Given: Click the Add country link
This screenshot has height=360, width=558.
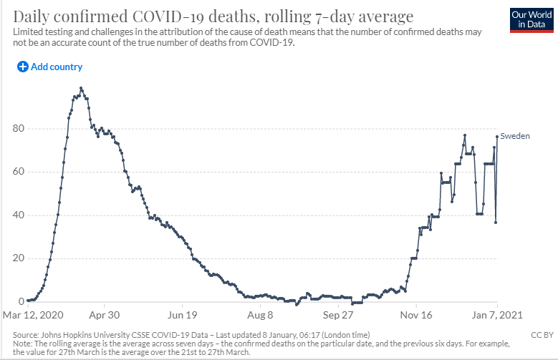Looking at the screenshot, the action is click(50, 67).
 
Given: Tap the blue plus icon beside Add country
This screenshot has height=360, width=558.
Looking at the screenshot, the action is click(23, 67).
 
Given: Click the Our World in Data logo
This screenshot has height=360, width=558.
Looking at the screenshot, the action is click(531, 20).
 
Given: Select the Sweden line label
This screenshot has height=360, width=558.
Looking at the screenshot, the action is click(515, 136).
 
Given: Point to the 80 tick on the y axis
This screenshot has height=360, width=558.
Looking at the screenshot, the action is click(19, 128).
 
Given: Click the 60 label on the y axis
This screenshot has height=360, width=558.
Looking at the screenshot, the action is click(19, 172).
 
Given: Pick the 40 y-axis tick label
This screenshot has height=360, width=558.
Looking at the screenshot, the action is click(19, 215).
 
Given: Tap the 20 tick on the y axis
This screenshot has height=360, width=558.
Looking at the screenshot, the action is click(19, 258).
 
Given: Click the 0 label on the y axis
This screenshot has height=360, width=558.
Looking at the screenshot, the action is click(21, 301).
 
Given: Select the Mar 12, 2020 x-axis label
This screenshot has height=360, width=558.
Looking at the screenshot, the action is click(33, 315).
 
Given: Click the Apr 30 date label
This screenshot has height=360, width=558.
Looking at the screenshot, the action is click(105, 315).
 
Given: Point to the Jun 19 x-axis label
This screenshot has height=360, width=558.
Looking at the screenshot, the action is click(182, 315).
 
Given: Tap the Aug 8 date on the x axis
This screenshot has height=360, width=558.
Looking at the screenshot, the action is click(260, 315).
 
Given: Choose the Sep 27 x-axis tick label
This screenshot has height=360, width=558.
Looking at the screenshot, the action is click(338, 315).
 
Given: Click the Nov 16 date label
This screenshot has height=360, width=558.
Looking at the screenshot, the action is click(416, 315).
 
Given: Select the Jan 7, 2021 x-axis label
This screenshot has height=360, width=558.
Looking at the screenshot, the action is click(497, 315).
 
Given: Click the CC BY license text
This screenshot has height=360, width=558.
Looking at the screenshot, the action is click(542, 335).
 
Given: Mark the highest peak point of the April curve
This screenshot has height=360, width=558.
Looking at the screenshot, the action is click(81, 88).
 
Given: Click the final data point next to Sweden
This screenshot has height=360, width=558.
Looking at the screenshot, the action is click(497, 137).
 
